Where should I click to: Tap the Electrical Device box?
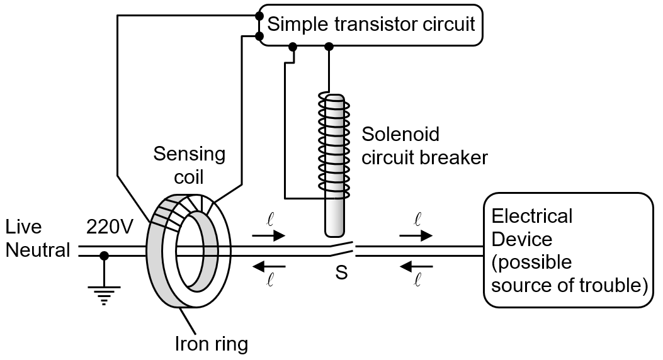click(568, 250)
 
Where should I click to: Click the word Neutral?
click(37, 250)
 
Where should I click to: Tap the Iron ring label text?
click(212, 344)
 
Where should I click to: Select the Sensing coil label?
click(189, 164)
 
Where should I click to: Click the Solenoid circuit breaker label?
click(424, 145)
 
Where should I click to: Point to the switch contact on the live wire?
click(340, 250)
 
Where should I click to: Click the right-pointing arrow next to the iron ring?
click(268, 235)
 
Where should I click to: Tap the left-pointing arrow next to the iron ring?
click(268, 266)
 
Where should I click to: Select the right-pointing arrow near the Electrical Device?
click(416, 235)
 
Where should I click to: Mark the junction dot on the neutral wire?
click(105, 256)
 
